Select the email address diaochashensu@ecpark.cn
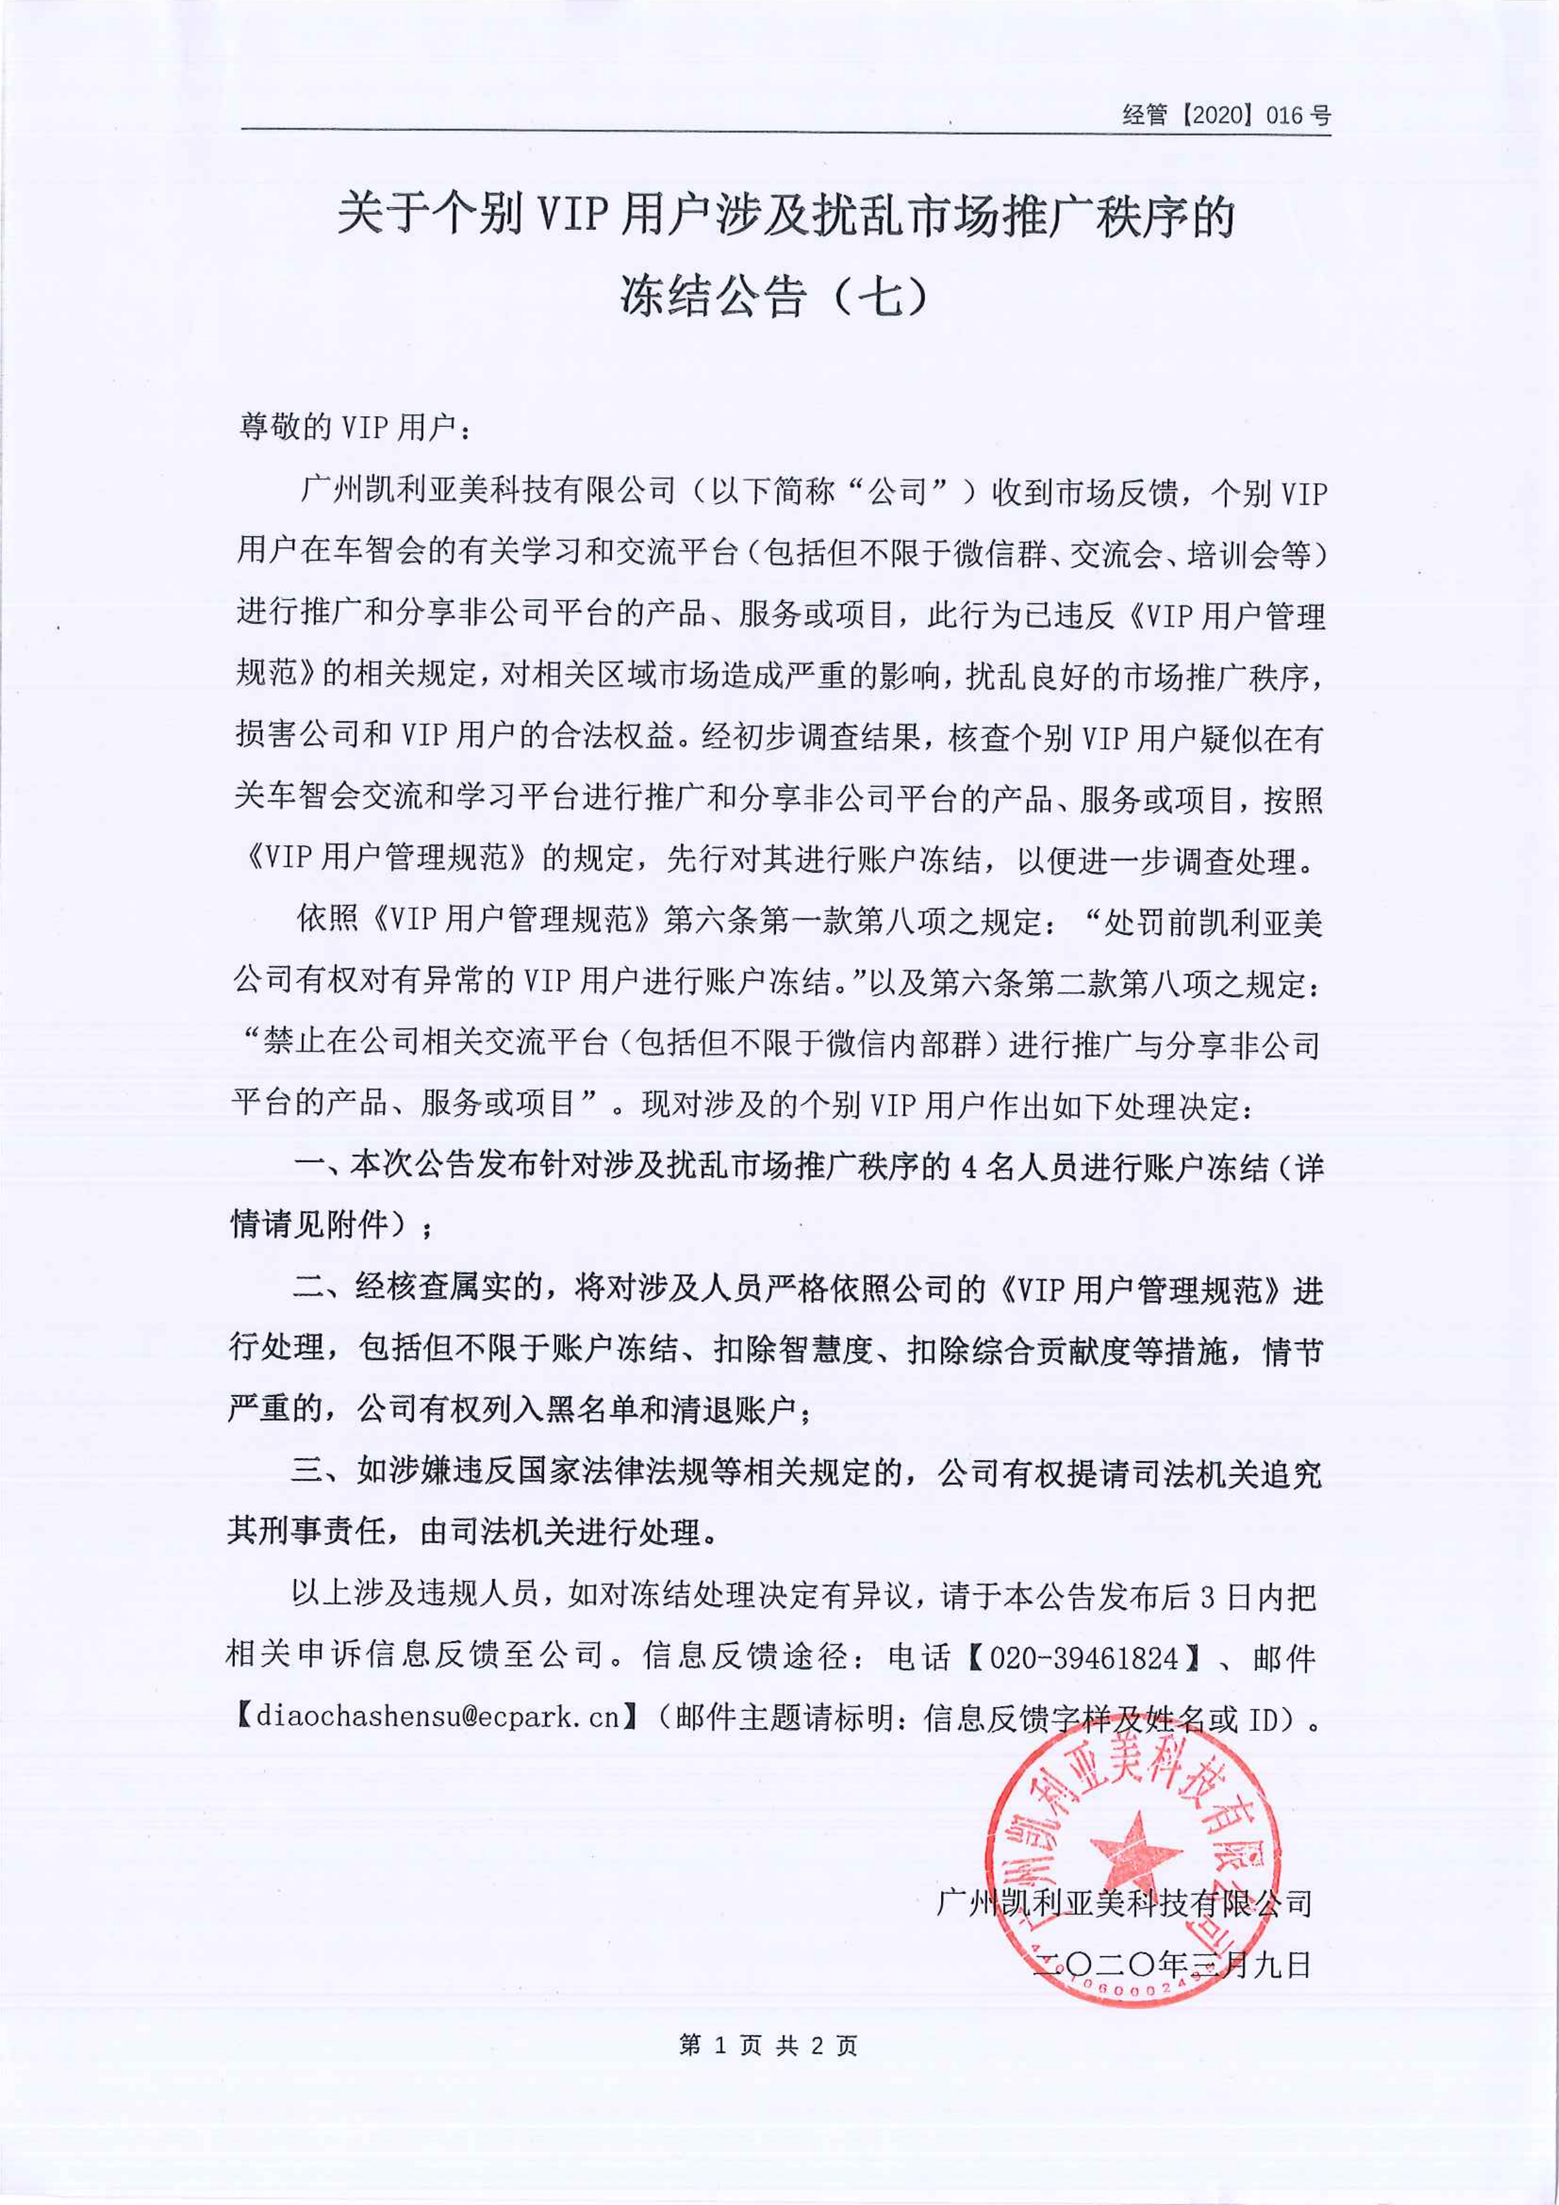438,1716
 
